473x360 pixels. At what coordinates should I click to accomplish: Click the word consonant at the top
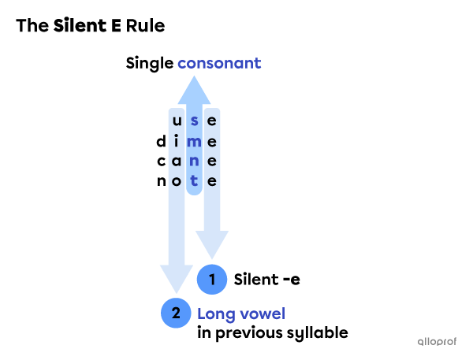tap(219, 63)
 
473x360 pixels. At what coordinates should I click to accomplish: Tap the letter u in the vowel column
tap(177, 121)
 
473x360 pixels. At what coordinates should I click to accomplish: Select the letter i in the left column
tap(177, 141)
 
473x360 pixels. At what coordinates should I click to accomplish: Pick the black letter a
tap(177, 161)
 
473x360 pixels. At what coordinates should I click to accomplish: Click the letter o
tap(177, 180)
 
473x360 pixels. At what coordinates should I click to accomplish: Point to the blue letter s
tap(194, 121)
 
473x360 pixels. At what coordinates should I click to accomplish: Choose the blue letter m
tap(194, 141)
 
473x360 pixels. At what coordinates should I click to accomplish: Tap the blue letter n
tap(194, 161)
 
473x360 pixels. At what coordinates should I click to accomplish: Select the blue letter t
tap(194, 180)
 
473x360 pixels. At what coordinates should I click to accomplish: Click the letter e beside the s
tap(211, 121)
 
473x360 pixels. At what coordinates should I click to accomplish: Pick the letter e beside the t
tap(211, 180)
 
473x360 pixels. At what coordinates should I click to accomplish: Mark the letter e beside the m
tap(211, 141)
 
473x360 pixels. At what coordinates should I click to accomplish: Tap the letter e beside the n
tap(211, 161)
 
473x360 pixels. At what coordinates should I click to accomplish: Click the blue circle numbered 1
tap(212, 279)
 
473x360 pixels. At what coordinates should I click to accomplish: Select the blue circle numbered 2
tap(176, 314)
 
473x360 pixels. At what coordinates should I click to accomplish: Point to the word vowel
tap(261, 314)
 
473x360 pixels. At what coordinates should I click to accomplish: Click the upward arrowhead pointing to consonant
tap(194, 90)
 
